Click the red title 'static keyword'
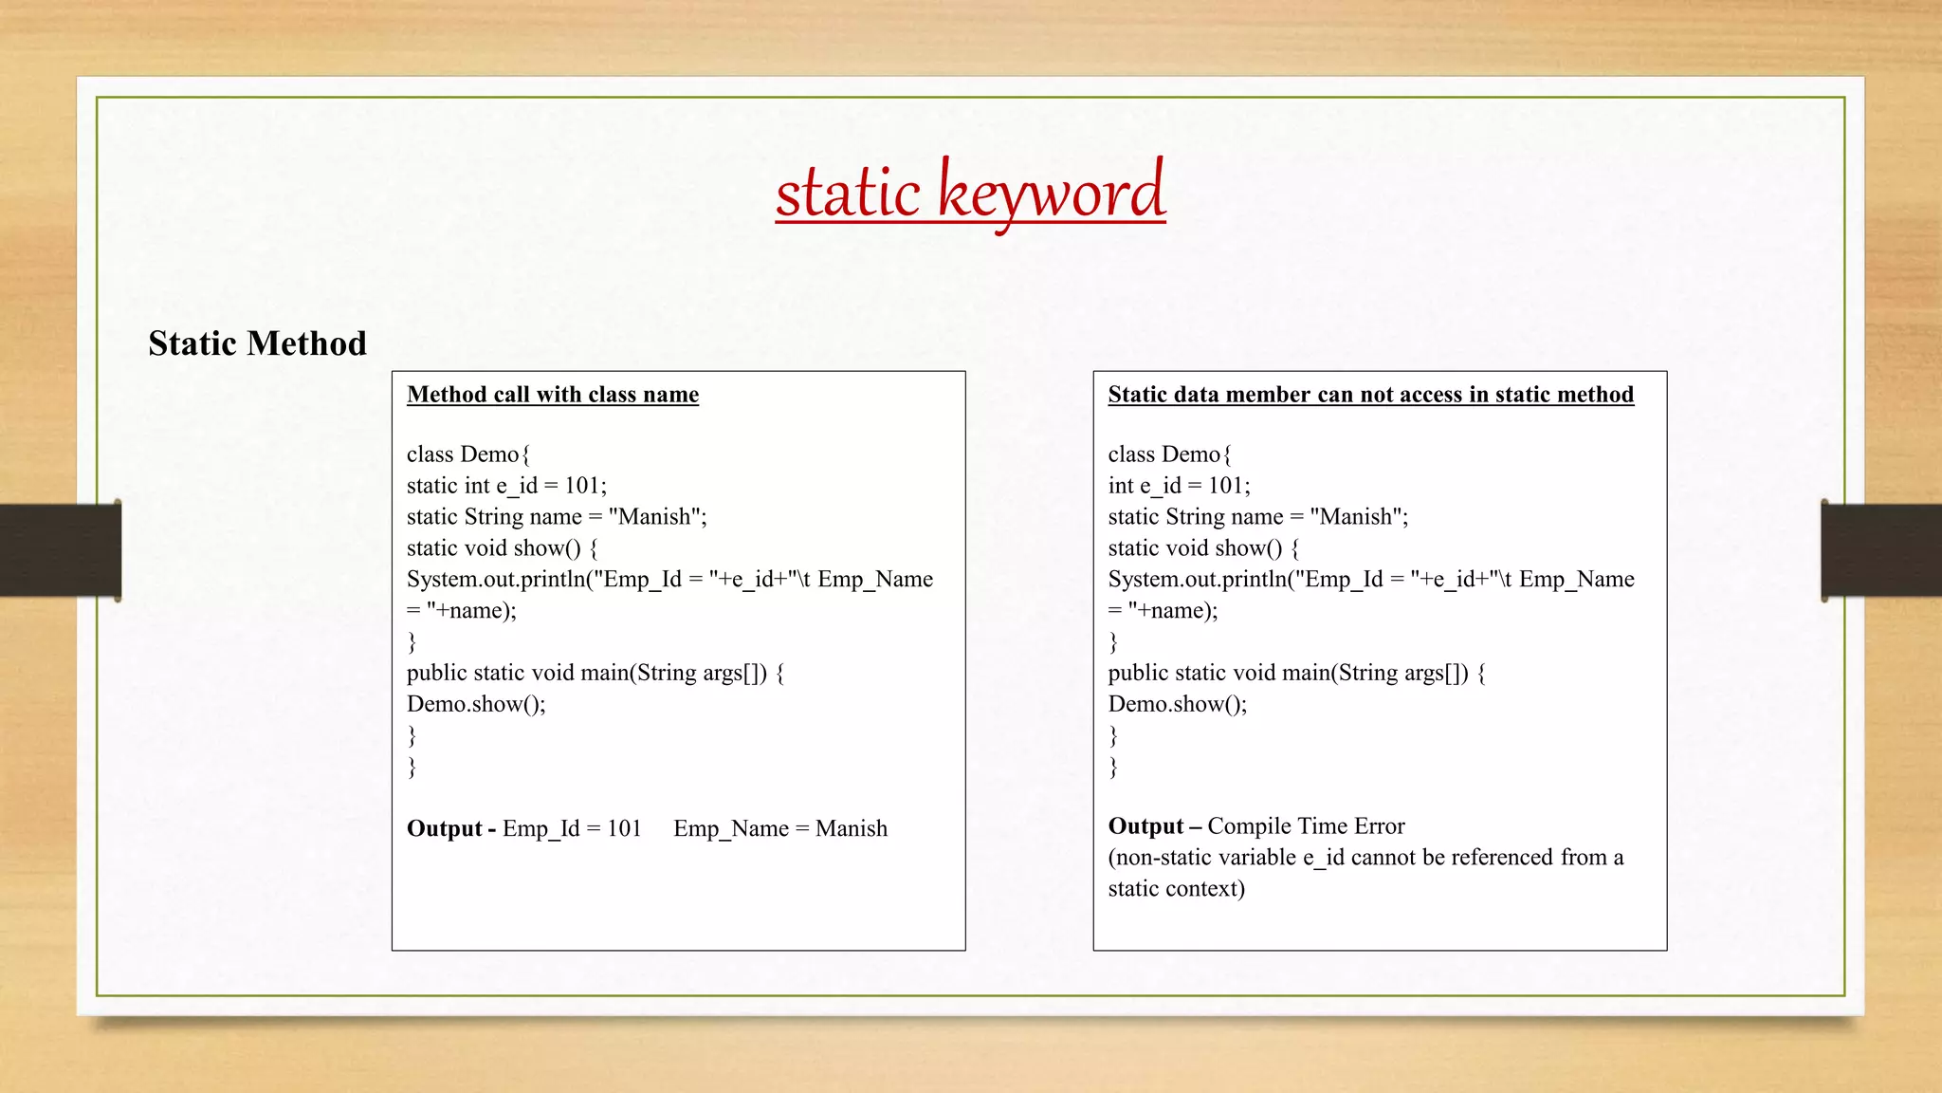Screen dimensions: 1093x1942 pyautogui.click(x=970, y=193)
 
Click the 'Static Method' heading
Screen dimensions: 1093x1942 pyautogui.click(x=257, y=343)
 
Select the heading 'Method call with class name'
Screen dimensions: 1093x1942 pyautogui.click(x=553, y=395)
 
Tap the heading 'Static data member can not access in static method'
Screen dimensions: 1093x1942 pyautogui.click(x=1370, y=395)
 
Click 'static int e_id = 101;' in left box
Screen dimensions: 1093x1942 pyautogui.click(x=506, y=486)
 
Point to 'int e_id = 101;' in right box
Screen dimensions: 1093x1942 pyautogui.click(x=1179, y=486)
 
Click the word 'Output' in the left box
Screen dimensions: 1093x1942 pyautogui.click(x=444, y=828)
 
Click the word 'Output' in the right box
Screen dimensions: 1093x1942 pyautogui.click(x=1145, y=826)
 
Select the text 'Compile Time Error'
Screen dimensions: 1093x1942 pyautogui.click(x=1306, y=826)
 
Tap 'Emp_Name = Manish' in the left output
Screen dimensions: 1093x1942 pyautogui.click(x=780, y=828)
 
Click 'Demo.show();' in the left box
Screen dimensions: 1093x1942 pyautogui.click(x=476, y=704)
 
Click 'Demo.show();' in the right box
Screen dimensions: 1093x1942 pyautogui.click(x=1177, y=704)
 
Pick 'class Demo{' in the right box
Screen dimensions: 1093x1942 pyautogui.click(x=1169, y=454)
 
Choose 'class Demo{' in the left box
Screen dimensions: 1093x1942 pyautogui.click(x=468, y=454)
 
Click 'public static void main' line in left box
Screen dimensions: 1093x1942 pyautogui.click(x=595, y=673)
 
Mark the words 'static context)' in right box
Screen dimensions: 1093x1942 pyautogui.click(x=1176, y=889)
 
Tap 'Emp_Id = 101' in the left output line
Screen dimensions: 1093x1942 pyautogui.click(x=572, y=828)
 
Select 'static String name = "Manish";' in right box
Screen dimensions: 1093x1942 pyautogui.click(x=1257, y=517)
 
